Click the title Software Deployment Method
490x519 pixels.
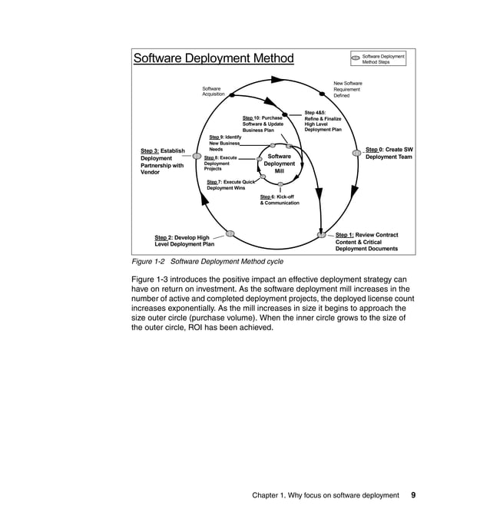pyautogui.click(x=214, y=58)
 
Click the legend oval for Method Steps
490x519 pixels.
pyautogui.click(x=355, y=58)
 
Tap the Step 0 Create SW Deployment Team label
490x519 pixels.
pyautogui.click(x=389, y=153)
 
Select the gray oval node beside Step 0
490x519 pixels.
pyautogui.click(x=356, y=153)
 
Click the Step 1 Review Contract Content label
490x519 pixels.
pyautogui.click(x=366, y=242)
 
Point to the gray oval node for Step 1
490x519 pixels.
pyautogui.click(x=322, y=234)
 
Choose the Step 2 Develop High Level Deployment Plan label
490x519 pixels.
pyautogui.click(x=184, y=241)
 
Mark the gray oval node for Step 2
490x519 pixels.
pyautogui.click(x=229, y=233)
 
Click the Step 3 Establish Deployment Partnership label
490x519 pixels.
pyautogui.click(x=162, y=161)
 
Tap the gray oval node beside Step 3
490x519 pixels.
pyautogui.click(x=197, y=156)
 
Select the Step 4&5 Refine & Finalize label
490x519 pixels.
pyautogui.click(x=323, y=121)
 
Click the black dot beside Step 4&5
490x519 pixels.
pyautogui.click(x=286, y=114)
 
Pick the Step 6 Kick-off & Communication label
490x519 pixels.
pyautogui.click(x=280, y=200)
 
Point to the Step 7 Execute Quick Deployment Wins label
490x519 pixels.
pyautogui.click(x=230, y=184)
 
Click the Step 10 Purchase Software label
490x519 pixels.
pyautogui.click(x=263, y=124)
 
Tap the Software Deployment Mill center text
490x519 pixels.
pyautogui.click(x=279, y=164)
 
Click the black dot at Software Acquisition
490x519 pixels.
pyautogui.click(x=232, y=96)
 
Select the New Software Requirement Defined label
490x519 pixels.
pyautogui.click(x=348, y=89)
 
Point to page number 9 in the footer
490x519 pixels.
pyautogui.click(x=413, y=495)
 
